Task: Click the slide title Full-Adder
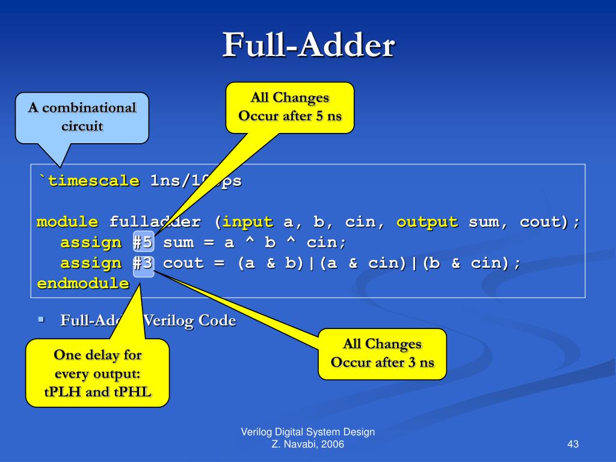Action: pos(308,46)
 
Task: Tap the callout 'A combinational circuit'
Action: pos(82,117)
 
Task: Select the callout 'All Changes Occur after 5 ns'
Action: pos(290,106)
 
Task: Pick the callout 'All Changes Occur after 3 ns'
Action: pos(382,353)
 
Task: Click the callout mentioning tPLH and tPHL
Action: pos(97,374)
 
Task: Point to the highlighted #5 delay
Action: pos(143,242)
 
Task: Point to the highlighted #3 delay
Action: pos(143,263)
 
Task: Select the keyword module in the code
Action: pos(67,222)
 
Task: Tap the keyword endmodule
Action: pos(83,283)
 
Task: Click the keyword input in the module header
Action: pos(248,222)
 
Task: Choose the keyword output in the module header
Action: pos(427,222)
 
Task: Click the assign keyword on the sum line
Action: pos(90,242)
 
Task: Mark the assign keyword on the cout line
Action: pos(90,263)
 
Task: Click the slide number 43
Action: pos(572,445)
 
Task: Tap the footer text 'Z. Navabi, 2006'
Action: pos(308,445)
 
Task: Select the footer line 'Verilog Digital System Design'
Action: pos(308,432)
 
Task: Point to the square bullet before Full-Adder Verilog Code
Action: pos(41,319)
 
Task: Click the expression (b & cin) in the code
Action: pos(470,263)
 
